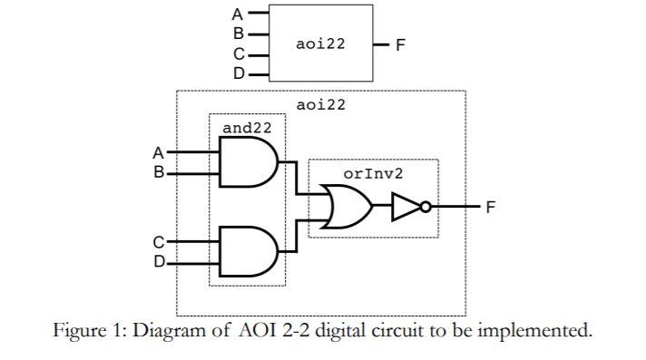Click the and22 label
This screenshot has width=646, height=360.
tap(247, 128)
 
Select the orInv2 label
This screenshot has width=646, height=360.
tap(373, 172)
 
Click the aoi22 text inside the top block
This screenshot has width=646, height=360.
tap(320, 44)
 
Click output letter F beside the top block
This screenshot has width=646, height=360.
tap(399, 44)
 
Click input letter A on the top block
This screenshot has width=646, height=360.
tap(239, 14)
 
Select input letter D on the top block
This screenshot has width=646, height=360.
tap(239, 73)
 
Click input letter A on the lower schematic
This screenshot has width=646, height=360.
tap(159, 153)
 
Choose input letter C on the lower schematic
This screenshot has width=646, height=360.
tap(159, 242)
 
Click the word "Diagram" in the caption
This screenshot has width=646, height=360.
tap(169, 330)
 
